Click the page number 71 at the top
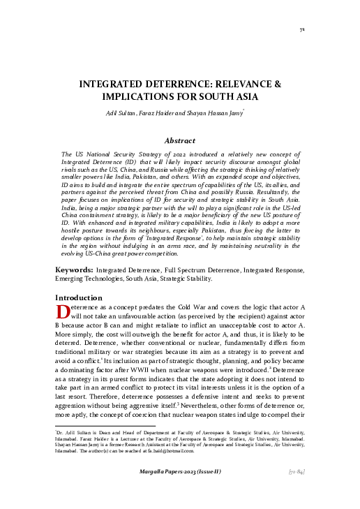point(301,30)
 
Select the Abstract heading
point(179,140)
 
